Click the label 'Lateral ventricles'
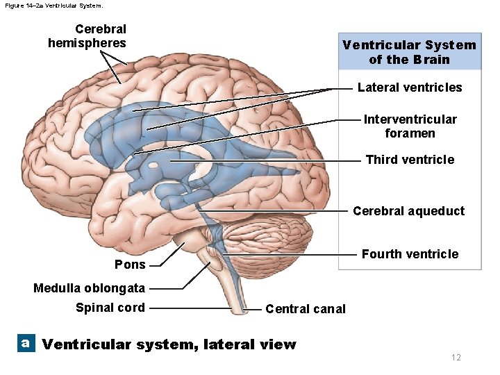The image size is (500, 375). (409, 87)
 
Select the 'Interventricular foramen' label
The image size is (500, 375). (410, 126)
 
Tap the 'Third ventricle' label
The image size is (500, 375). (410, 160)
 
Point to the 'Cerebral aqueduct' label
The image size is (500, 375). (408, 211)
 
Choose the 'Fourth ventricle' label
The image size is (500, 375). (410, 254)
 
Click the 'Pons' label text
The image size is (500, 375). (130, 265)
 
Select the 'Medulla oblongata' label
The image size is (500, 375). (89, 288)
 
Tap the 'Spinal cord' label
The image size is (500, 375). (110, 308)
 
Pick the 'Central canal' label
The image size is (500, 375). (305, 309)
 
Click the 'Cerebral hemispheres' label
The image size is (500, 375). (87, 36)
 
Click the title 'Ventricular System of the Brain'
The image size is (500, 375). (409, 52)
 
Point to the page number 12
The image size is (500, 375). (456, 357)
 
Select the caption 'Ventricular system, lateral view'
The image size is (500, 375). (169, 344)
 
